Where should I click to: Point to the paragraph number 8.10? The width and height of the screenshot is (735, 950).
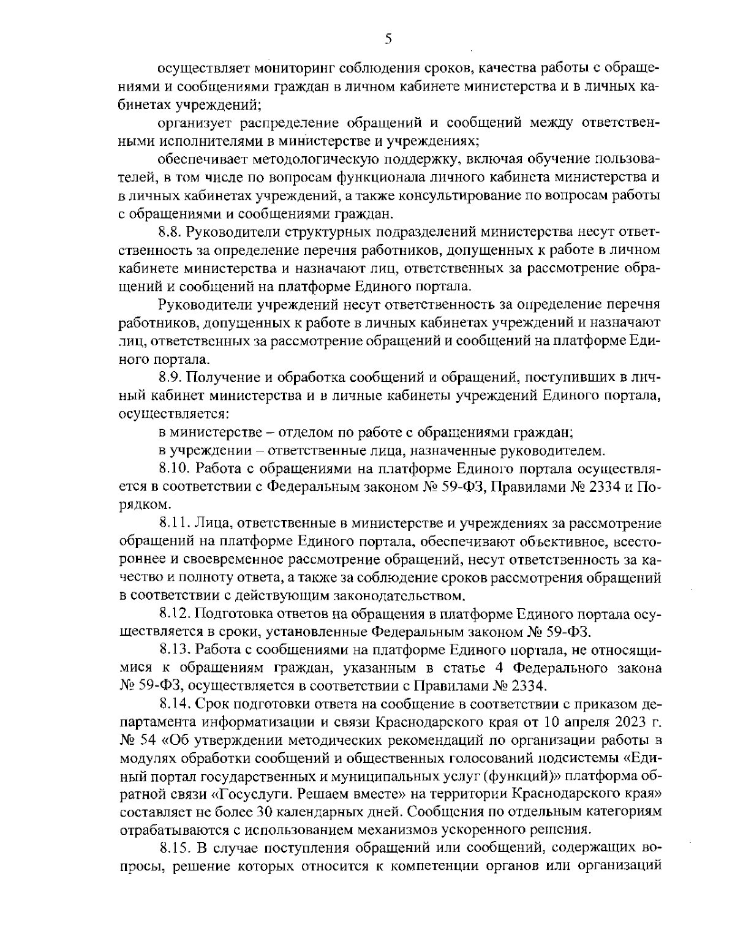pyautogui.click(x=174, y=470)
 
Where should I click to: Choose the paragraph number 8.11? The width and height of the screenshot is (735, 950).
pyautogui.click(x=173, y=523)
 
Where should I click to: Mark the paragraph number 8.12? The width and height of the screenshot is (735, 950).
pyautogui.click(x=174, y=613)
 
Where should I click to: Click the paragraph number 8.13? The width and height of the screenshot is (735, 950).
pyautogui.click(x=174, y=649)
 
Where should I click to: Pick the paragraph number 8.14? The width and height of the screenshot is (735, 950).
pyautogui.click(x=174, y=703)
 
